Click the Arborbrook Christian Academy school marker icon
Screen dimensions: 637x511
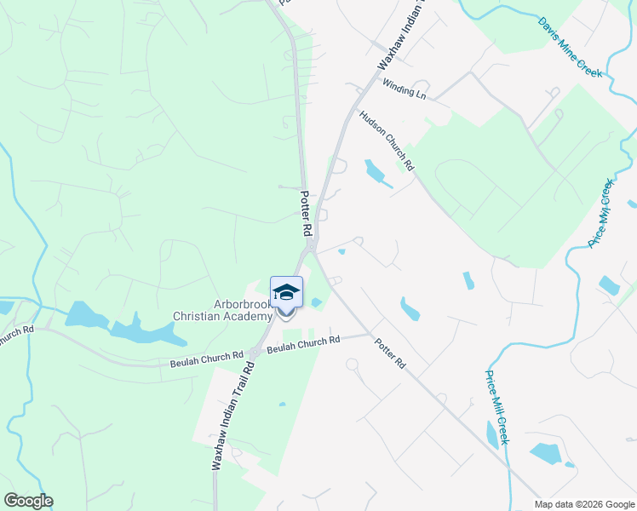coord(286,292)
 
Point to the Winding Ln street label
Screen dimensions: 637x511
coord(404,88)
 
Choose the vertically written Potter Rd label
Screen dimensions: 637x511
coord(306,213)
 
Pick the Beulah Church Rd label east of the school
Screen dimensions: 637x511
coord(303,344)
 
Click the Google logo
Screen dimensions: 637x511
coord(28,501)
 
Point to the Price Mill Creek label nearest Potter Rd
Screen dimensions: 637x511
coord(496,407)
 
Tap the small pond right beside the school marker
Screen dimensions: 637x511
coord(317,302)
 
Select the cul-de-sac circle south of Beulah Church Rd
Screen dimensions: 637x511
coord(351,365)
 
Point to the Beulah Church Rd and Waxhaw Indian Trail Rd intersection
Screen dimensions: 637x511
coord(253,352)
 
